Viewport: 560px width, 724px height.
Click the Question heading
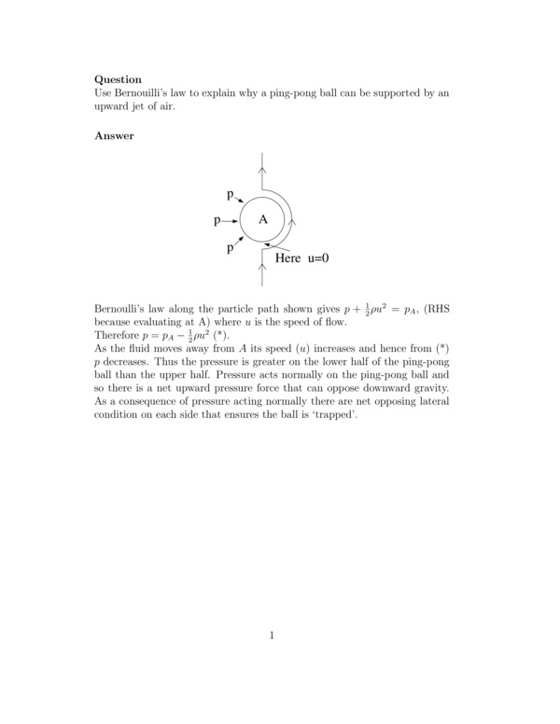pyautogui.click(x=119, y=80)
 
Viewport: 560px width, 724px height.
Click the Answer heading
pyautogui.click(x=114, y=136)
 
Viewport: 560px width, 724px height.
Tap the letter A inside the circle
pyautogui.click(x=263, y=219)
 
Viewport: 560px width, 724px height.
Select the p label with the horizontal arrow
pyautogui.click(x=217, y=221)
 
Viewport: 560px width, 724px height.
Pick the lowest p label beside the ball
pyautogui.click(x=230, y=248)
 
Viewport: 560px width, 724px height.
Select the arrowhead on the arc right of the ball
pyautogui.click(x=294, y=222)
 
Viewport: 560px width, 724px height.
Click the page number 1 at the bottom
pyautogui.click(x=272, y=636)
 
